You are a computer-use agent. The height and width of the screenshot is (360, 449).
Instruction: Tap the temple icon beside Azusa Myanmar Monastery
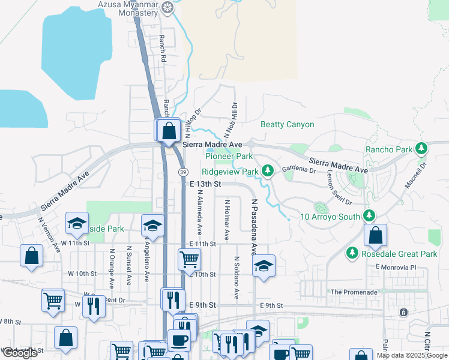(x=167, y=7)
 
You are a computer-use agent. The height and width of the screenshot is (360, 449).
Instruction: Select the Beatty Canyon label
(x=287, y=125)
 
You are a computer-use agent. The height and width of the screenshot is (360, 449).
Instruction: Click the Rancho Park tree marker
(x=421, y=148)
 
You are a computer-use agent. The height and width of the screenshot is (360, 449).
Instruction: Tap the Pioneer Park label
(x=229, y=156)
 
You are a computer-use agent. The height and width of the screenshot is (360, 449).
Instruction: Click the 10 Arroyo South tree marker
(x=369, y=215)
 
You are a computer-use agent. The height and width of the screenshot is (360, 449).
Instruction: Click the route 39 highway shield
(x=182, y=172)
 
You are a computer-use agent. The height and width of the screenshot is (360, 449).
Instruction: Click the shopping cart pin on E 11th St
(x=189, y=260)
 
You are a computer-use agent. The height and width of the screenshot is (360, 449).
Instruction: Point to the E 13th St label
(x=206, y=184)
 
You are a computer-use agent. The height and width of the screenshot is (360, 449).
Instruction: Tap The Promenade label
(x=354, y=292)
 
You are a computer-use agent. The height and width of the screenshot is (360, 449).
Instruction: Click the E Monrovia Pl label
(x=395, y=266)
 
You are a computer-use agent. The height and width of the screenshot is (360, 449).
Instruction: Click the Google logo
(x=20, y=353)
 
